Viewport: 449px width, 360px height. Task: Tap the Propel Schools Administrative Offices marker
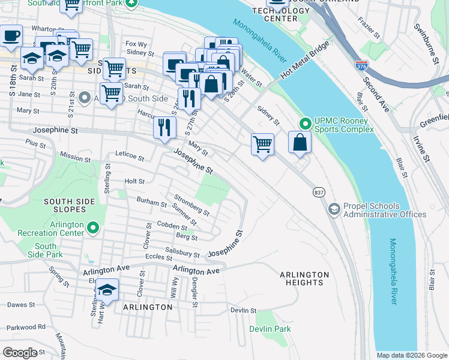(334, 209)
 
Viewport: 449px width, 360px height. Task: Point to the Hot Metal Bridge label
(304, 61)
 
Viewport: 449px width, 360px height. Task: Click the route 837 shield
(319, 191)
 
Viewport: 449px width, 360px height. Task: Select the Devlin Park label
(270, 329)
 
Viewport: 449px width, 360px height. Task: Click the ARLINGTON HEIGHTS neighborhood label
(304, 278)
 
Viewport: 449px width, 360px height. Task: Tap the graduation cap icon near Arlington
(106, 290)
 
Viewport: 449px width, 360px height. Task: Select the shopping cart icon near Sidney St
(262, 144)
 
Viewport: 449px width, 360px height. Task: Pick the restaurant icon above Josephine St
(164, 127)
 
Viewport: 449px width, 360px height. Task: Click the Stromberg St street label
(191, 204)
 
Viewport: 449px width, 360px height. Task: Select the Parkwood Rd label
(26, 327)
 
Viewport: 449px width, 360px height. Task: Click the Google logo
(20, 352)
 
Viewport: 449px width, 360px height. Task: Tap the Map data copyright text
(412, 355)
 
